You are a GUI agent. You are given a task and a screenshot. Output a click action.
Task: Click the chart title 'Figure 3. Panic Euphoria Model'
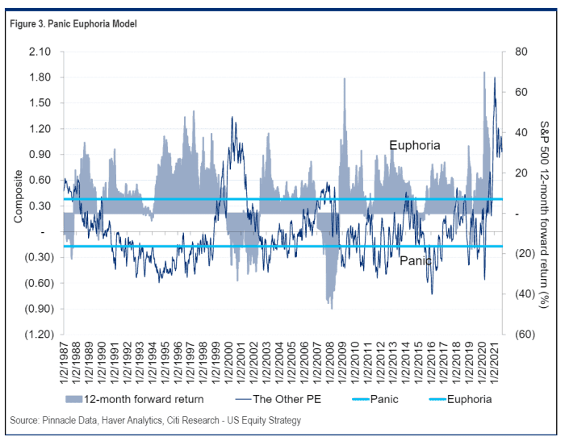tap(73, 24)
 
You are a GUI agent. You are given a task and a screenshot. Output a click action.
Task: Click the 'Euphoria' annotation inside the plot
tap(414, 146)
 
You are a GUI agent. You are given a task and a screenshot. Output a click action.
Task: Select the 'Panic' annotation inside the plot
tap(416, 261)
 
